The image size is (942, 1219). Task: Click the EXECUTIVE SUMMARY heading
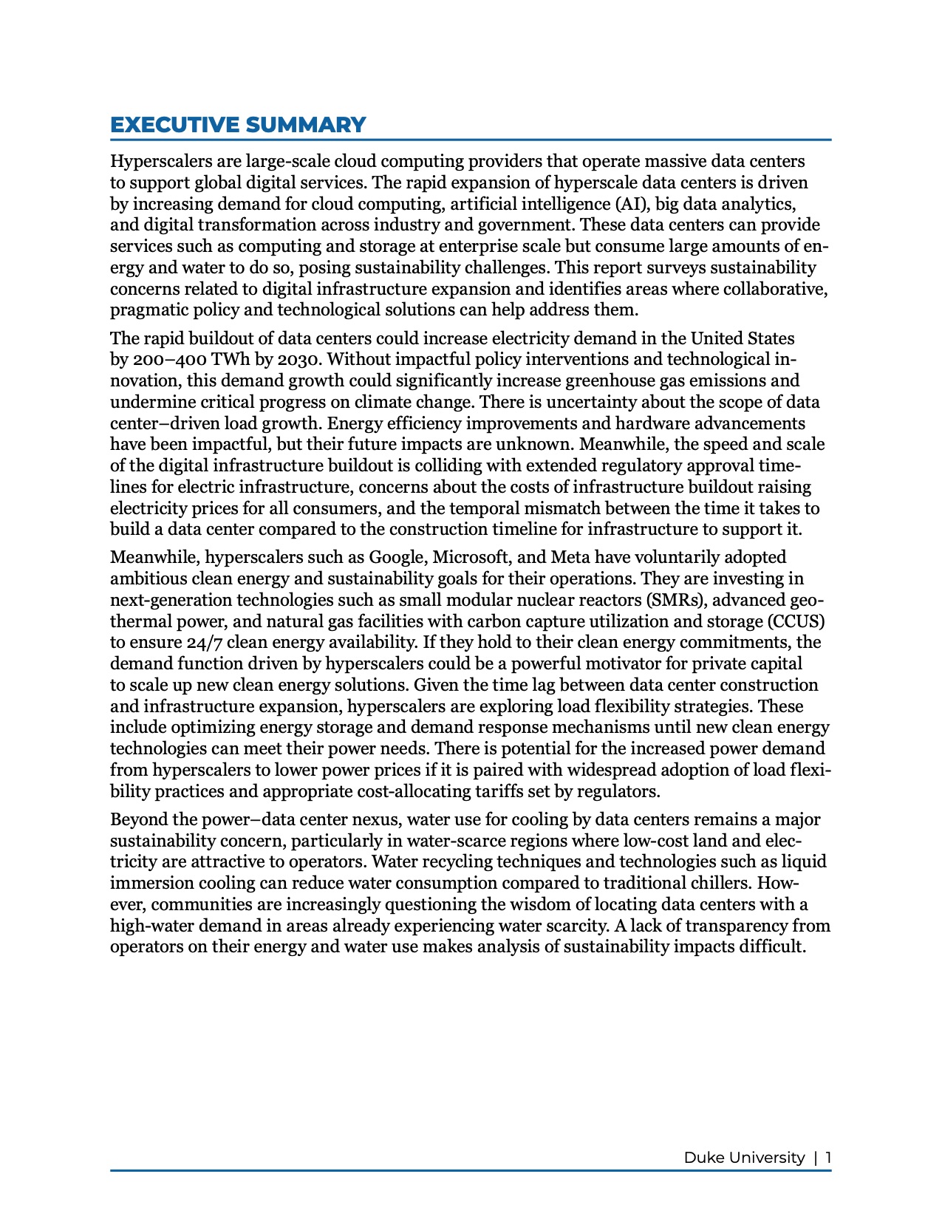[238, 125]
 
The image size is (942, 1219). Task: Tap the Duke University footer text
[744, 1158]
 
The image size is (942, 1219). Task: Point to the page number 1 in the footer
[828, 1158]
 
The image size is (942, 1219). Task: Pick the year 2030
[298, 360]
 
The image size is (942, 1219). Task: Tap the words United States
[743, 338]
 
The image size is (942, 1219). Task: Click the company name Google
[397, 557]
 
